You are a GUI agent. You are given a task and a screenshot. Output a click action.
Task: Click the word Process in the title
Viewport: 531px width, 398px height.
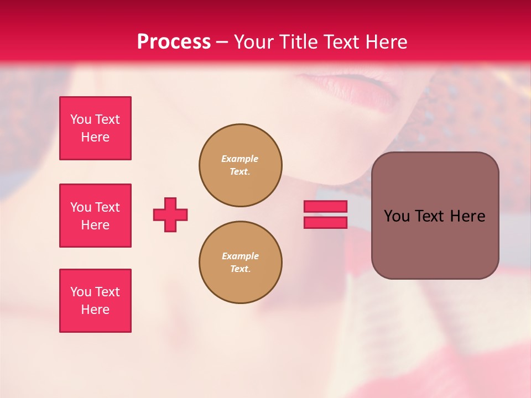pyautogui.click(x=174, y=42)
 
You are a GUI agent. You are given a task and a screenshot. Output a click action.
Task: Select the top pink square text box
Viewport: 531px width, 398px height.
pyautogui.click(x=95, y=128)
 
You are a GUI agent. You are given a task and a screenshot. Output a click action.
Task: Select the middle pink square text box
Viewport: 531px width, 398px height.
pyautogui.click(x=95, y=216)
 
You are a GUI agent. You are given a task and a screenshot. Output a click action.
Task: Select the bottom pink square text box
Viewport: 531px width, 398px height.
pyautogui.click(x=95, y=301)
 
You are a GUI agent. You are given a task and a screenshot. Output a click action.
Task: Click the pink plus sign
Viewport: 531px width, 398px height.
pyautogui.click(x=170, y=214)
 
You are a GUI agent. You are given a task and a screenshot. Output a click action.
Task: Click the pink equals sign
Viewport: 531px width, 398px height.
pyautogui.click(x=325, y=214)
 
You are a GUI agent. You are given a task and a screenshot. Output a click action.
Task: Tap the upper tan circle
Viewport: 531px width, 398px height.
pyautogui.click(x=240, y=165)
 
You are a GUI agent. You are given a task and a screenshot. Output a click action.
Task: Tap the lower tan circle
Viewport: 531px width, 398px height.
pyautogui.click(x=240, y=263)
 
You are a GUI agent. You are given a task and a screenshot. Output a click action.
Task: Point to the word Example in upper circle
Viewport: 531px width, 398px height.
pyautogui.click(x=240, y=159)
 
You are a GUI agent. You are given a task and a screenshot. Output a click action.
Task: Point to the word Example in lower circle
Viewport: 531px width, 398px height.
pyautogui.click(x=240, y=256)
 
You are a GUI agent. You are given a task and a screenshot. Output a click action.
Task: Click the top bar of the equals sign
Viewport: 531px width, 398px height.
pyautogui.click(x=325, y=206)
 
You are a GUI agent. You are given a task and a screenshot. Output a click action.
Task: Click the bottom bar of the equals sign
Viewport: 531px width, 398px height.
pyautogui.click(x=325, y=222)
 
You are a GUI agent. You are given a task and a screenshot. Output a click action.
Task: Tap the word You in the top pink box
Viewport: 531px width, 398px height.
pyautogui.click(x=81, y=119)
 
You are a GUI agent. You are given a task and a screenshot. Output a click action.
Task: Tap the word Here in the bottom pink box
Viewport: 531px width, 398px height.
pyautogui.click(x=95, y=310)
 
